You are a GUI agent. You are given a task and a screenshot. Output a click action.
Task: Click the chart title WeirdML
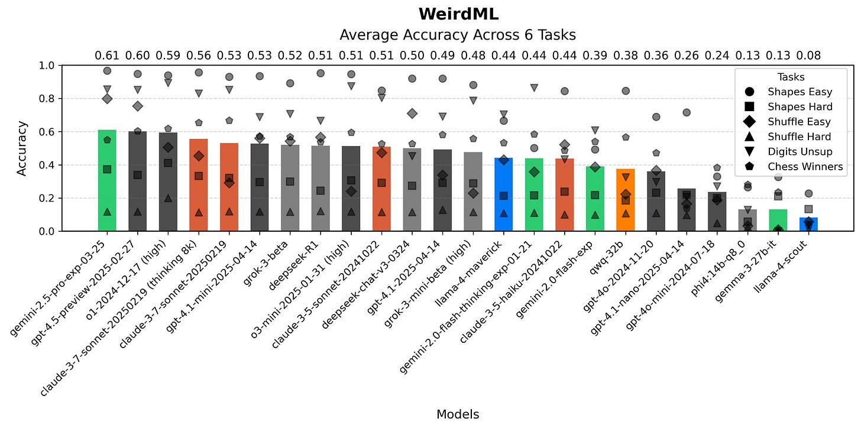(x=458, y=14)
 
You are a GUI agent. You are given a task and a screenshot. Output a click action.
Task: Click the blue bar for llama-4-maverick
(x=503, y=195)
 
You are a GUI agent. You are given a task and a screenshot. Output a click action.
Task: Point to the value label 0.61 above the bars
(x=107, y=56)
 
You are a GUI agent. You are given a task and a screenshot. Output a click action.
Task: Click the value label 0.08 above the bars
(x=808, y=56)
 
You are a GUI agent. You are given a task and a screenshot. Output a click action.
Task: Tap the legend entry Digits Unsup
(x=799, y=151)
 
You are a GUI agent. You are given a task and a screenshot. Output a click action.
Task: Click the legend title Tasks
(x=791, y=77)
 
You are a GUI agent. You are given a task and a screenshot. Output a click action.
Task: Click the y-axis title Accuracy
(x=22, y=148)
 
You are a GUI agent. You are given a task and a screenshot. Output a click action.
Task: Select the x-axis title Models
(x=458, y=414)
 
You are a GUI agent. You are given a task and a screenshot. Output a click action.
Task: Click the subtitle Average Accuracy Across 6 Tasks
(x=458, y=35)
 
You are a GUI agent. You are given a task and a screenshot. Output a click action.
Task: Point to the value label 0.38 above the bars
(x=626, y=56)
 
